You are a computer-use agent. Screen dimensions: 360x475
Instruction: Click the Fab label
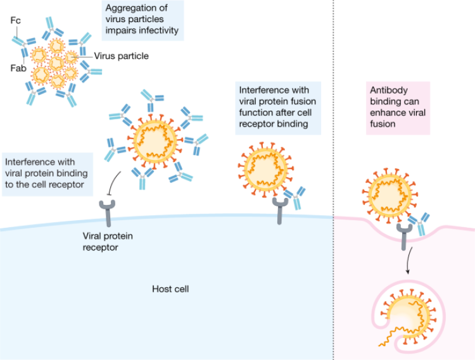[x=18, y=68]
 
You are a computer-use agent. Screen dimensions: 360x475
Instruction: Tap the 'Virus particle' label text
[x=122, y=56]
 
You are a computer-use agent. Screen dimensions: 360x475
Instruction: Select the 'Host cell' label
[x=170, y=290]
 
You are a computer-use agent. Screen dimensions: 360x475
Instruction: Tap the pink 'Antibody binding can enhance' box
[x=398, y=108]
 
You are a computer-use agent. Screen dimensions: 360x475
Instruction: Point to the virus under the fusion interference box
[x=265, y=168]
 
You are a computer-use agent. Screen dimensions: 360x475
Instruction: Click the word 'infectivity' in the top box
[x=159, y=30]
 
